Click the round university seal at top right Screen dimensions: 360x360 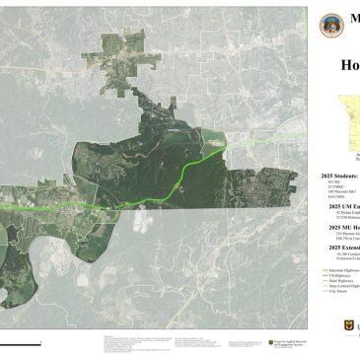[x=333, y=27]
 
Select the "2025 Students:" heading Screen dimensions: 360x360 [x=340, y=174]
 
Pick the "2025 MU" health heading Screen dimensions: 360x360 [x=343, y=227]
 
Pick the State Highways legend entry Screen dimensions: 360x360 [x=339, y=279]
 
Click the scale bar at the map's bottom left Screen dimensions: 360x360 [x=20, y=317]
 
